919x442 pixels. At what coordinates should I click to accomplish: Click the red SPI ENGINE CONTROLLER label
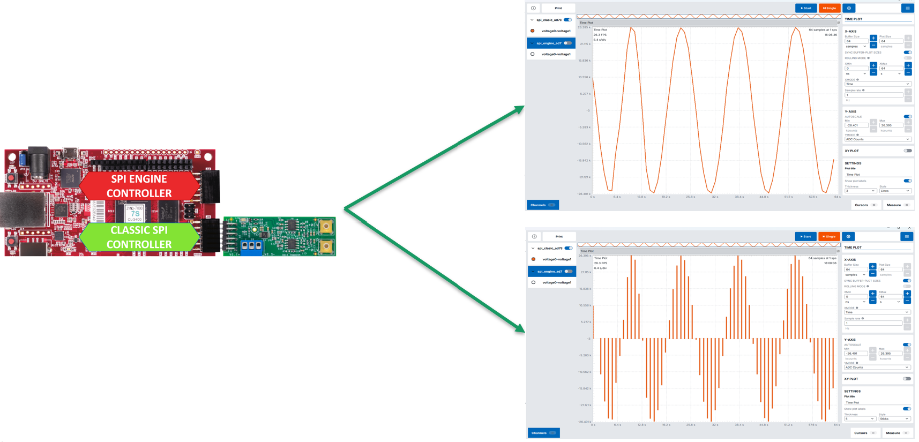click(139, 186)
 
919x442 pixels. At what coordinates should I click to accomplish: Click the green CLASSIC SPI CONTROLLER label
click(139, 237)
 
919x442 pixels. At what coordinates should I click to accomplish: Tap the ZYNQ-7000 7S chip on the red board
click(135, 213)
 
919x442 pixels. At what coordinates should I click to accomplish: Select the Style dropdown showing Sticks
click(894, 419)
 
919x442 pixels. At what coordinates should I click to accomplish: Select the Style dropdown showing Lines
click(894, 191)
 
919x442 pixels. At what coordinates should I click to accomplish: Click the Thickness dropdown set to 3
click(860, 191)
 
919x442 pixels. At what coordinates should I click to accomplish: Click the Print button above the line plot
click(558, 8)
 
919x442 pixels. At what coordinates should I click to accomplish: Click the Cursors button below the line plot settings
click(864, 205)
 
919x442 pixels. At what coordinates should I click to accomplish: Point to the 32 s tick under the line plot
click(715, 197)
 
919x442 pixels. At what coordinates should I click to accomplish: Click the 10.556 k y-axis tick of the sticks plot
click(585, 305)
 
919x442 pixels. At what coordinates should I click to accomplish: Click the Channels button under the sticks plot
click(543, 433)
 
